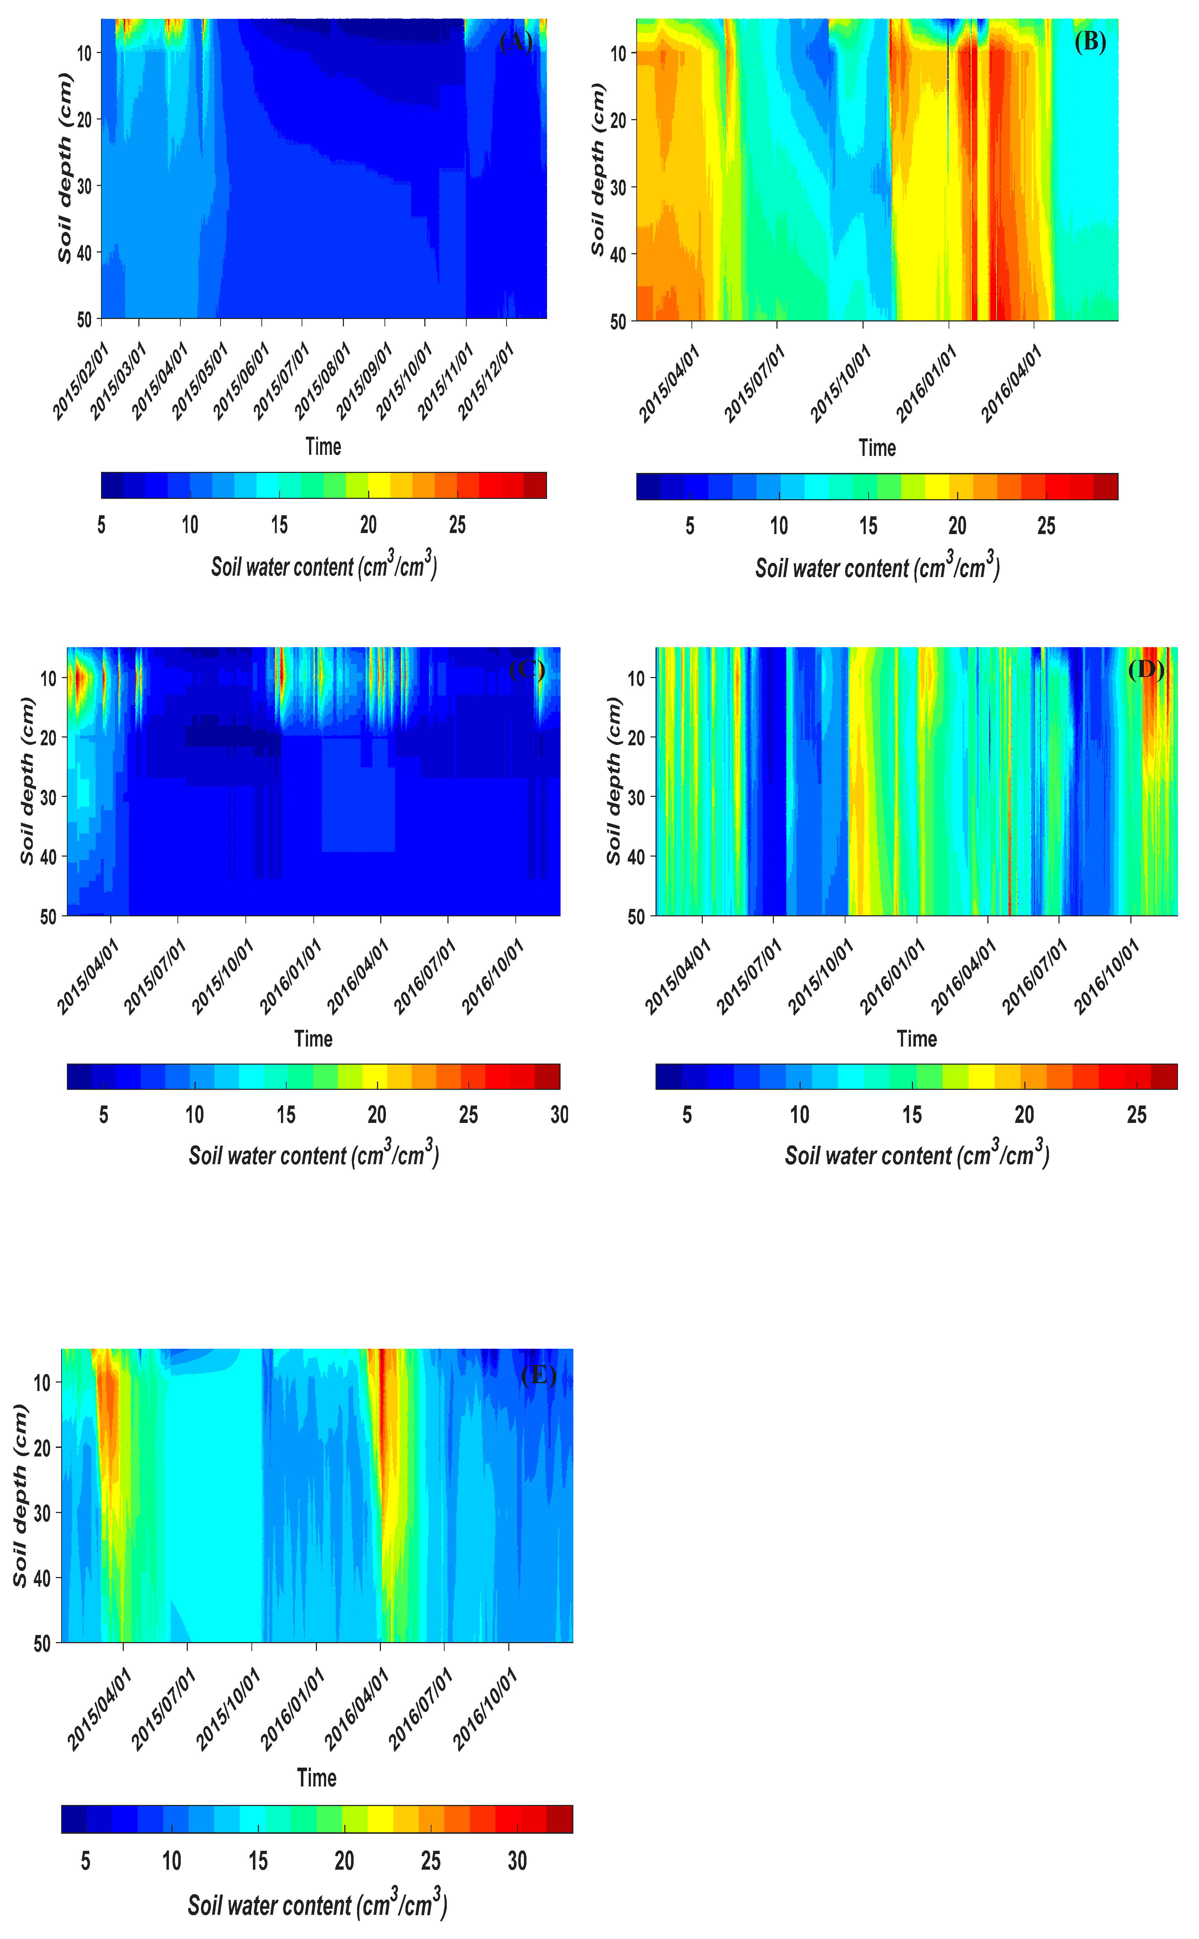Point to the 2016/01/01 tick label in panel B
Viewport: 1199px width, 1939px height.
tap(925, 384)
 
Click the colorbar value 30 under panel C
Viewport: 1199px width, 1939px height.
tap(559, 1115)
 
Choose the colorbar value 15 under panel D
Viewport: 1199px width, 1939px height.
tap(912, 1115)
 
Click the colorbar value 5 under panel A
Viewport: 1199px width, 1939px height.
tap(101, 525)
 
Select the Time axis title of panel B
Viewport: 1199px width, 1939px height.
tap(877, 448)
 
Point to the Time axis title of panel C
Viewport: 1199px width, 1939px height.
tap(313, 1038)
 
